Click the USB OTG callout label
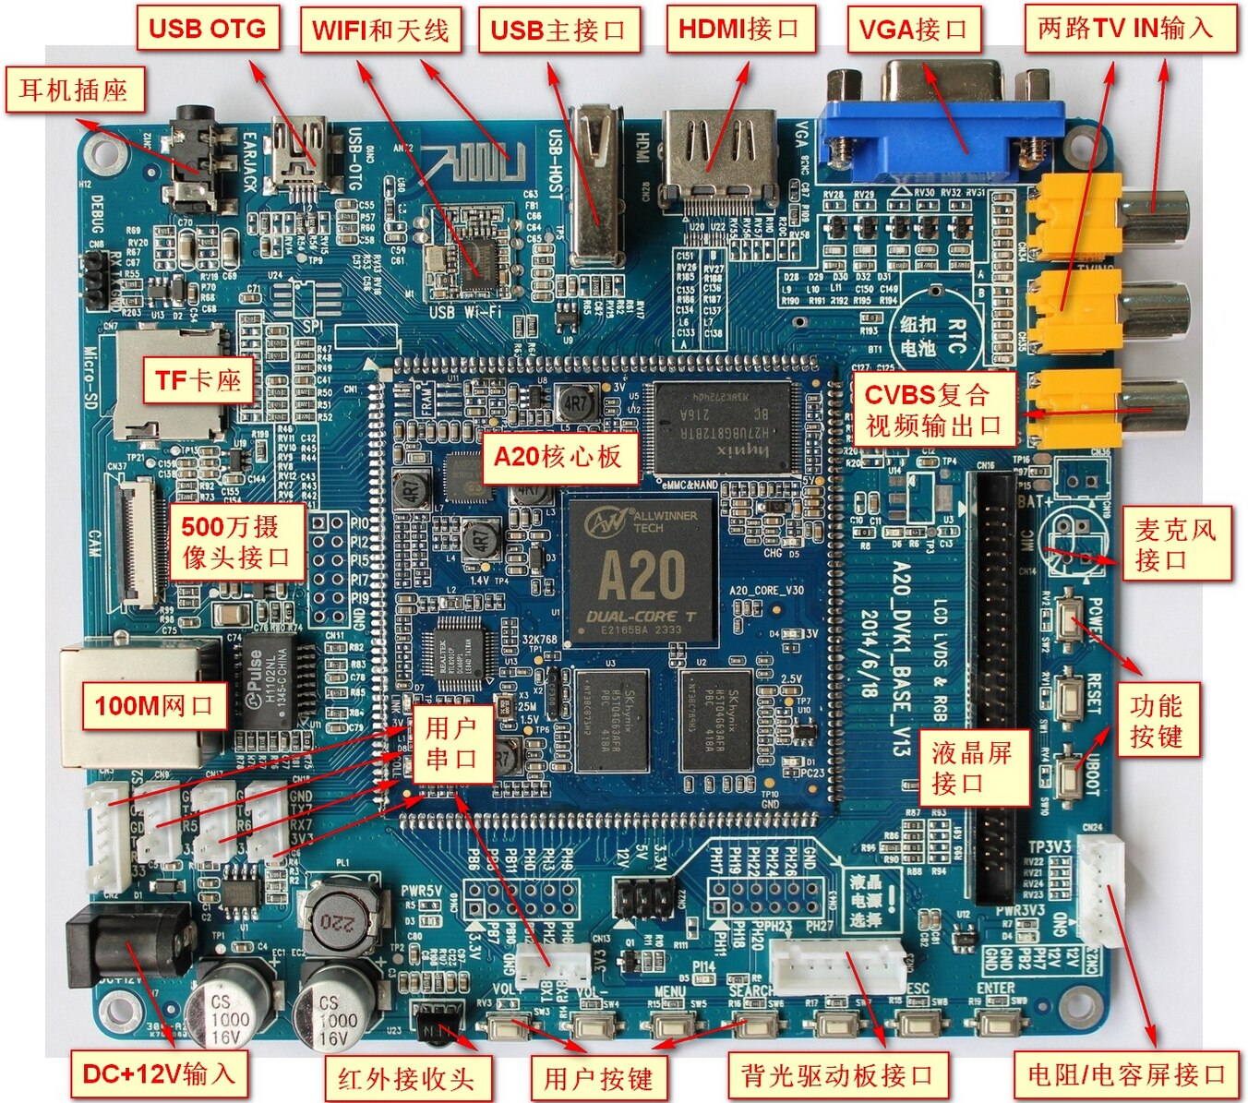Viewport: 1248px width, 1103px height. tap(207, 29)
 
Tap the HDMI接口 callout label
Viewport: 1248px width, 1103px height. tap(738, 29)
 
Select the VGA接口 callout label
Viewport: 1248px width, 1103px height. tap(913, 30)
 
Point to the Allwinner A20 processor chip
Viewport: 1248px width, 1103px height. tap(642, 571)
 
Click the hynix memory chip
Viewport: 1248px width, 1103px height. tap(726, 426)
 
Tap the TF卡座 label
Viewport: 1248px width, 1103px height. tap(198, 380)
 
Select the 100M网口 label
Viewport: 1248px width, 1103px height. tap(154, 706)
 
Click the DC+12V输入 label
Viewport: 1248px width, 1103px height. tap(159, 1073)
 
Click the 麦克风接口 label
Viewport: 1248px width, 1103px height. tap(1175, 544)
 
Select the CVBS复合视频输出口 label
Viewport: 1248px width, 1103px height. tap(933, 410)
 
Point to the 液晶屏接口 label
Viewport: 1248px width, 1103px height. tap(972, 768)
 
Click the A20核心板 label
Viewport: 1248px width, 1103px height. tap(558, 457)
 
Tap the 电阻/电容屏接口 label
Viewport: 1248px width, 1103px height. tap(1126, 1074)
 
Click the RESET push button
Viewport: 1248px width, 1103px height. tap(1071, 691)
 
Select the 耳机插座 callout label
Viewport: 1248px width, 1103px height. tap(74, 90)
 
